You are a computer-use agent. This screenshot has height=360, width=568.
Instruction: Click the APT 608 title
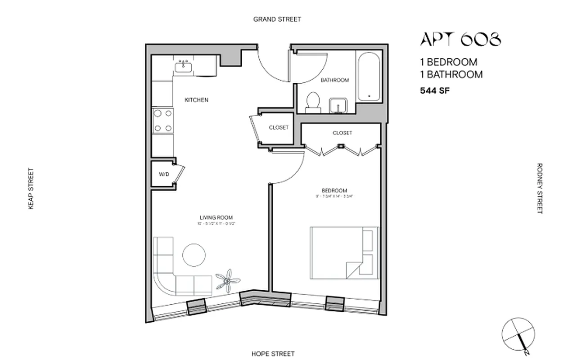(x=460, y=40)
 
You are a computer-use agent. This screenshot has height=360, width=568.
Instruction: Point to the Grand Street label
(x=277, y=19)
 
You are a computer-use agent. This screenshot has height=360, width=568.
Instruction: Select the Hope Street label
(x=273, y=354)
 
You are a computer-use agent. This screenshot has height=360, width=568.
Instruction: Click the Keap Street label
(x=31, y=189)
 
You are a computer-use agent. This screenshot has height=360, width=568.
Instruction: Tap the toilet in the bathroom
(x=312, y=101)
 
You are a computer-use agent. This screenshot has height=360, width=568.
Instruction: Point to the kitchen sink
(x=183, y=67)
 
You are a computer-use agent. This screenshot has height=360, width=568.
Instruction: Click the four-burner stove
(x=162, y=121)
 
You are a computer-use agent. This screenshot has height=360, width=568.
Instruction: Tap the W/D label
(x=163, y=175)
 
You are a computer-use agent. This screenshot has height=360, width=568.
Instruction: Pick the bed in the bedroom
(x=344, y=253)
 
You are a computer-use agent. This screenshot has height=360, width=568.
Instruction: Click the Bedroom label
(x=334, y=190)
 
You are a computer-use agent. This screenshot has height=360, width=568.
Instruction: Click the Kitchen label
(x=197, y=100)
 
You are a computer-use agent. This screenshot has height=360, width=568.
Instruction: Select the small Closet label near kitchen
(x=279, y=127)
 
